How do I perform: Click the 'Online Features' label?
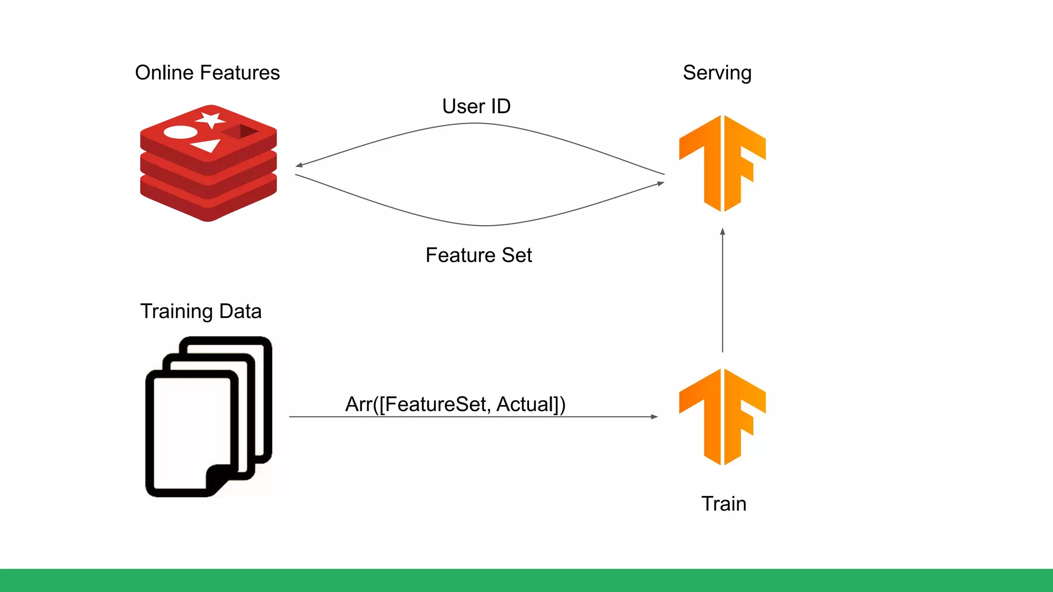pyautogui.click(x=207, y=73)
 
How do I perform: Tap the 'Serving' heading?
pyautogui.click(x=717, y=73)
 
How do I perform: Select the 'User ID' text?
pyautogui.click(x=476, y=106)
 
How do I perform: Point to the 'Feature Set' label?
pyautogui.click(x=478, y=255)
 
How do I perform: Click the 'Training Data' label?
pyautogui.click(x=201, y=311)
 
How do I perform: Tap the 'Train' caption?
pyautogui.click(x=723, y=504)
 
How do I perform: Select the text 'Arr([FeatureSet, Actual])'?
pyautogui.click(x=455, y=404)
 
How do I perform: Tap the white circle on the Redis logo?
pyautogui.click(x=180, y=133)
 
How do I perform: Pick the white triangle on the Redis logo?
pyautogui.click(x=207, y=146)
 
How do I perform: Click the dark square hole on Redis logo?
pyautogui.click(x=241, y=132)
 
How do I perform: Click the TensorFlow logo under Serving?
pyautogui.click(x=722, y=163)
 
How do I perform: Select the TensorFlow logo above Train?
pyautogui.click(x=722, y=417)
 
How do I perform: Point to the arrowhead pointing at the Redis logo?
pyautogui.click(x=299, y=165)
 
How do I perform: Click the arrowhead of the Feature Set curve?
pyautogui.click(x=661, y=183)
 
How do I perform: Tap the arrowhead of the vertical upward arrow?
pyautogui.click(x=722, y=232)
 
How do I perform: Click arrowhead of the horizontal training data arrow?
pyautogui.click(x=655, y=417)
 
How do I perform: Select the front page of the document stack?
pyautogui.click(x=190, y=427)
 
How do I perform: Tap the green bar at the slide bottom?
pyautogui.click(x=526, y=580)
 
